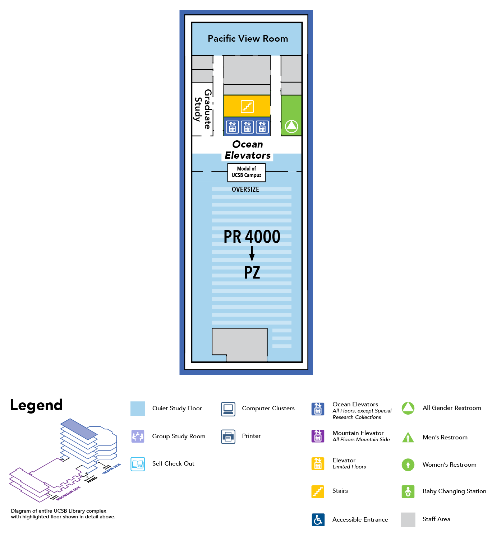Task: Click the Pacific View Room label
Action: click(248, 39)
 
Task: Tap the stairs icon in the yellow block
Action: click(247, 106)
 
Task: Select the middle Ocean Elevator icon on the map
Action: click(247, 127)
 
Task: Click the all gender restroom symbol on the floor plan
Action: click(291, 126)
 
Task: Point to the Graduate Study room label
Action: click(203, 109)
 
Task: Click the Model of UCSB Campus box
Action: click(247, 172)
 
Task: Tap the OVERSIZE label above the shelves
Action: click(245, 189)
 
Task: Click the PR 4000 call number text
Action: click(252, 237)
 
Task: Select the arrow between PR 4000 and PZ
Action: click(252, 254)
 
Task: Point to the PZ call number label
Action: click(252, 272)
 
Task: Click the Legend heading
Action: click(36, 405)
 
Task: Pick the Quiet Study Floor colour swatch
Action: click(138, 409)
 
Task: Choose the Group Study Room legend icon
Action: click(138, 437)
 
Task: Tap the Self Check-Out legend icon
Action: click(138, 464)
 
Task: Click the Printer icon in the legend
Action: click(228, 437)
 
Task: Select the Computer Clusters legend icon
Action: click(228, 409)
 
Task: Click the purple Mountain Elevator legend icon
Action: click(318, 436)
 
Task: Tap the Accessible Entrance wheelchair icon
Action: click(318, 519)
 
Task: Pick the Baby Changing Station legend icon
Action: click(408, 491)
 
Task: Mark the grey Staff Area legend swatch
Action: click(408, 519)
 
